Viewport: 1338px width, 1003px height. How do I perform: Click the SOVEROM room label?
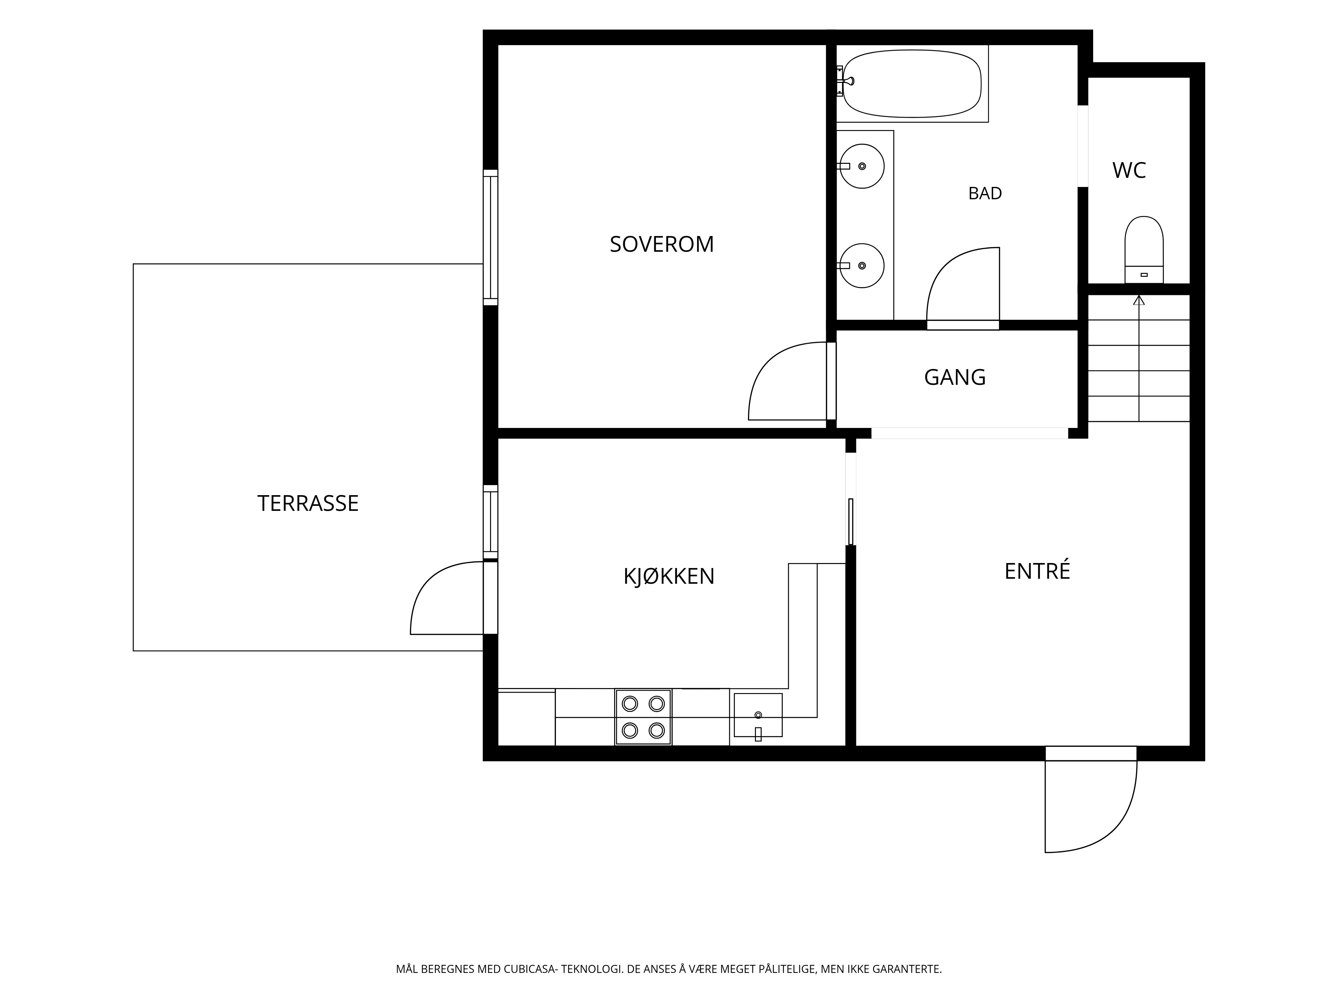[662, 244]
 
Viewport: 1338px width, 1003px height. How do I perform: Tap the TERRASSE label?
[308, 503]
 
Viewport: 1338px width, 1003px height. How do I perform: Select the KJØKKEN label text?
[669, 576]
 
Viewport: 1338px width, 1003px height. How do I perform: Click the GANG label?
[955, 377]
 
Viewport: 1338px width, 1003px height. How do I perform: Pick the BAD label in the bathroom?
[985, 194]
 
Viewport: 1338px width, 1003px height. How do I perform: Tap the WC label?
[1129, 171]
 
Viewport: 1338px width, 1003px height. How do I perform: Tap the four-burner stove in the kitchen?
[643, 717]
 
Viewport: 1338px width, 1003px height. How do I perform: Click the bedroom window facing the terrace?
[491, 238]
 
